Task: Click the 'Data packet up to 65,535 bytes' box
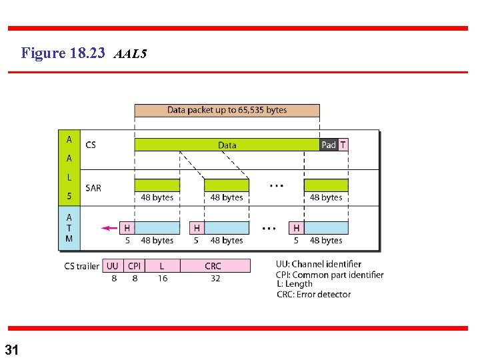(227, 110)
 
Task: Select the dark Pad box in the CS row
(329, 145)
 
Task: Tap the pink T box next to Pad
(343, 145)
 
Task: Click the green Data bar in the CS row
(227, 145)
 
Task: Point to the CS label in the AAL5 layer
(91, 145)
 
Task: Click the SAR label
(93, 188)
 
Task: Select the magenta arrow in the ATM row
(109, 228)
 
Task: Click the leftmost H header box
(127, 228)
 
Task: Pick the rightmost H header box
(296, 228)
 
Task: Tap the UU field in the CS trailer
(113, 266)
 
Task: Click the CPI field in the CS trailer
(134, 266)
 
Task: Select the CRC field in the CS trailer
(213, 266)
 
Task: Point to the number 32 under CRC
(215, 279)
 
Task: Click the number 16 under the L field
(163, 279)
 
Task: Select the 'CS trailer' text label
(81, 266)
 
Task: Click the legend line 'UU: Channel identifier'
(319, 264)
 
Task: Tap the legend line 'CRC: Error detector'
(313, 294)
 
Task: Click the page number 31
(12, 349)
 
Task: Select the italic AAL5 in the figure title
(130, 53)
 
